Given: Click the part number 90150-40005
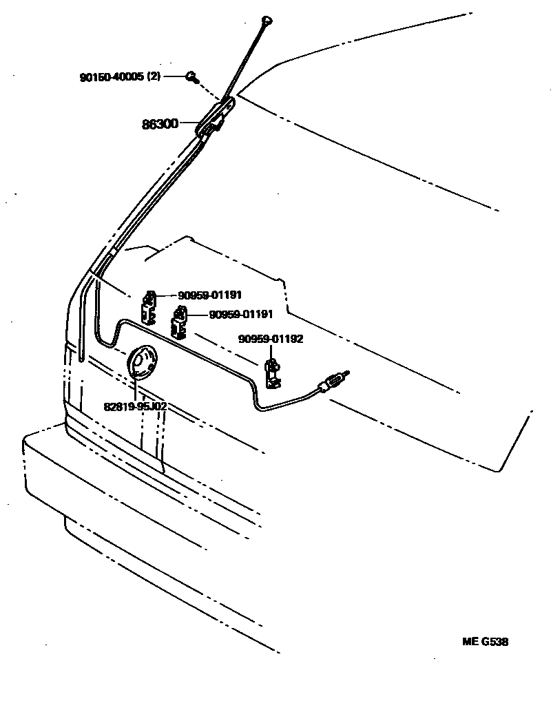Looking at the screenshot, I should coord(111,77).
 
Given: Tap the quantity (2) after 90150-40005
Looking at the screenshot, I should coord(154,77).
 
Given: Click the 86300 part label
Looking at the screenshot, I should coord(160,125).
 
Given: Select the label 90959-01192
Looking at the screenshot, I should coord(271,339).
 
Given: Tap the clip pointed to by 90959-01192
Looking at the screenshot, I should coord(273,372).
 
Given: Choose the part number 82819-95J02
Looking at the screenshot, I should coord(135,406).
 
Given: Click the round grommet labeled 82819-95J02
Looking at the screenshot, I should coord(142,362).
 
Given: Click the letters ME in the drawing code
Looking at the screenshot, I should coord(470,642).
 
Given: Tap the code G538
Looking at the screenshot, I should coord(495,642).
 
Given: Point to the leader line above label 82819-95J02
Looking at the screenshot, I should coord(136,389).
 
